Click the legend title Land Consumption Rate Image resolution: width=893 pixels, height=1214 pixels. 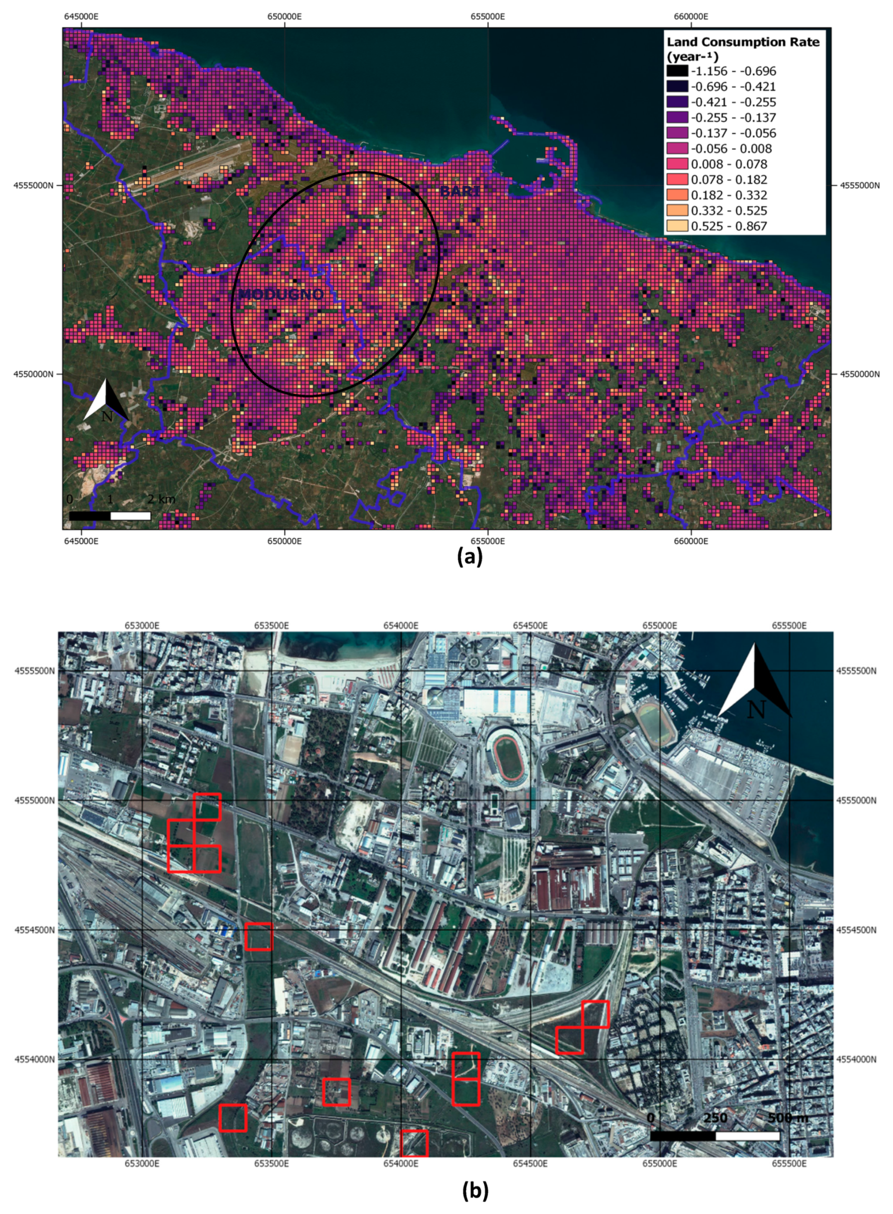(743, 42)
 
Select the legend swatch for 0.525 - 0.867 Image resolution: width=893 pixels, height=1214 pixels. (677, 226)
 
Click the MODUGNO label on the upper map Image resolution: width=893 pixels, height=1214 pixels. (281, 295)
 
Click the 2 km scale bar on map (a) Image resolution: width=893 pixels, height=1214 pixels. (110, 516)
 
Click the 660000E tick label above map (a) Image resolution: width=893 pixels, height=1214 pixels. (691, 16)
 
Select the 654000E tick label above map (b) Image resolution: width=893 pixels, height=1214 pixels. (401, 626)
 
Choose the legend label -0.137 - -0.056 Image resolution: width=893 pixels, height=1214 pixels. (733, 133)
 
